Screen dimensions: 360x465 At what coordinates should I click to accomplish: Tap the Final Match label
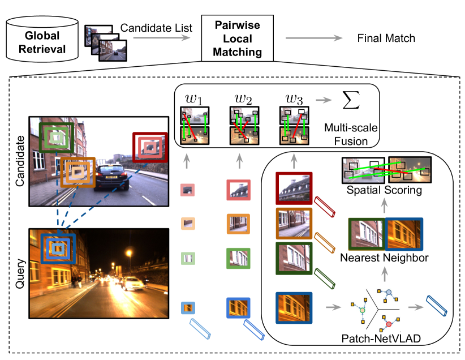click(386, 38)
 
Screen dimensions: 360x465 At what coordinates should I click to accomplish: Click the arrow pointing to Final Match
click(314, 38)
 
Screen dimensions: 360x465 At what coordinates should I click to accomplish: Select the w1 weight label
click(194, 100)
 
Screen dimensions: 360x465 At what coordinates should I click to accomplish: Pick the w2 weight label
click(244, 100)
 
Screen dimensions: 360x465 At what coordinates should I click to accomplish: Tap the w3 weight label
click(294, 100)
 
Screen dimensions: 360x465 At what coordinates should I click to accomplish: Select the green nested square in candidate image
click(56, 138)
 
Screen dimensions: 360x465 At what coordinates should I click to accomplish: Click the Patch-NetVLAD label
click(376, 340)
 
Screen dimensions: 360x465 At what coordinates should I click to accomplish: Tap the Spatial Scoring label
click(385, 190)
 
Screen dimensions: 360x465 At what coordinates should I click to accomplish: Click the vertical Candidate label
click(18, 161)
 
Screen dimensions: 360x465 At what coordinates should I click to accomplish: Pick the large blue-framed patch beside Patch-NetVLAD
click(294, 307)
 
